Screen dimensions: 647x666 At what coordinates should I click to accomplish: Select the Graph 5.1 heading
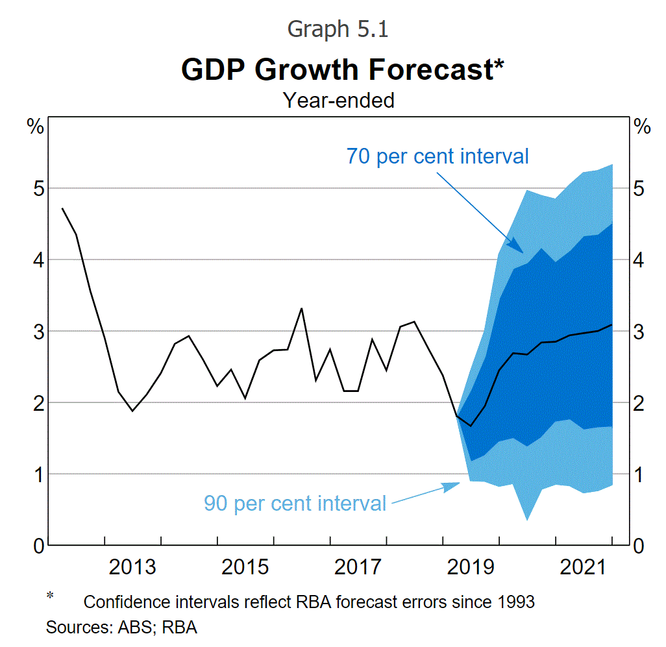click(338, 29)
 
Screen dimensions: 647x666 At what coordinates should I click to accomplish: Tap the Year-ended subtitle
click(338, 100)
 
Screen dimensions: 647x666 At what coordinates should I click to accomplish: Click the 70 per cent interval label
click(437, 156)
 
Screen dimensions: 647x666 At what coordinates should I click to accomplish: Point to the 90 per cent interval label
click(295, 503)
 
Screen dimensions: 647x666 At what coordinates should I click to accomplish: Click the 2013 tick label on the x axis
click(132, 567)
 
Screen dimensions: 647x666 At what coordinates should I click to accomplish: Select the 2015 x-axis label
click(245, 567)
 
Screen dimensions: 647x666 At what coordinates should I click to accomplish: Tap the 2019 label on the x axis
click(471, 567)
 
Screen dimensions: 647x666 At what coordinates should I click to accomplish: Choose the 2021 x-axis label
click(583, 567)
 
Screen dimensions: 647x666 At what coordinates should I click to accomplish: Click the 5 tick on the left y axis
click(38, 189)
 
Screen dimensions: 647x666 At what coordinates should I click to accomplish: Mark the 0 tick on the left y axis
click(38, 546)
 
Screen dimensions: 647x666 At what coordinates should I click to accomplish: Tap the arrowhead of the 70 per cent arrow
click(523, 251)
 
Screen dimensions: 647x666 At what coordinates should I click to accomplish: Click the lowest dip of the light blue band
click(526, 519)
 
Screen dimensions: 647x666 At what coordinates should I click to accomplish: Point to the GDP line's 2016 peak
click(301, 309)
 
